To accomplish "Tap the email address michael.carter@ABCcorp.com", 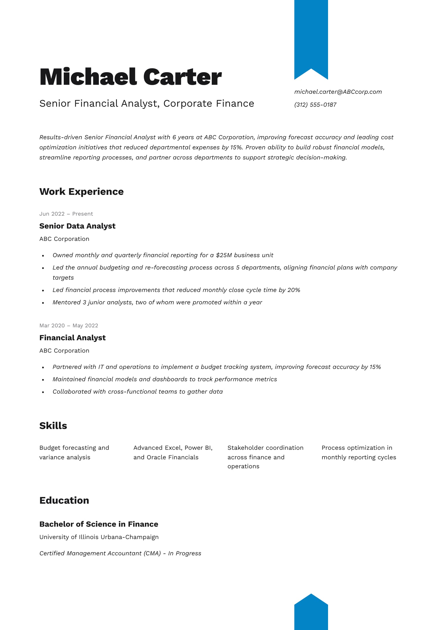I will coord(338,92).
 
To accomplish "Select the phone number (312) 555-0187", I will coord(315,105).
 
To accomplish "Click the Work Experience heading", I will coord(81,191).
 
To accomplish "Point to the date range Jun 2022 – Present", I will coord(66,214).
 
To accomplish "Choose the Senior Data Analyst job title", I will coord(77,226).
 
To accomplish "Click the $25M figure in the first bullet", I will coord(224,255).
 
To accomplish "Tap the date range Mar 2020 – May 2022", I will coord(69,326).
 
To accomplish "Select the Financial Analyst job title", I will coord(72,338).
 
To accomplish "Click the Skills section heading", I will coord(53,426).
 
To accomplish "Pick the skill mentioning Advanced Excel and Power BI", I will coord(173,453).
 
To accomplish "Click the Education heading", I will coord(64,501).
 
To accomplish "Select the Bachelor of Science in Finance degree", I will coord(99,524).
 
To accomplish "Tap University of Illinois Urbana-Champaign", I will coord(99,537).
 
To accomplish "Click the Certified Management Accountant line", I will coord(120,553).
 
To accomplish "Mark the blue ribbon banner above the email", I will coord(311,36).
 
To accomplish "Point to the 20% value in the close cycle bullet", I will coord(294,290).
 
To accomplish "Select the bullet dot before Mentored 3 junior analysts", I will coord(43,303).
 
